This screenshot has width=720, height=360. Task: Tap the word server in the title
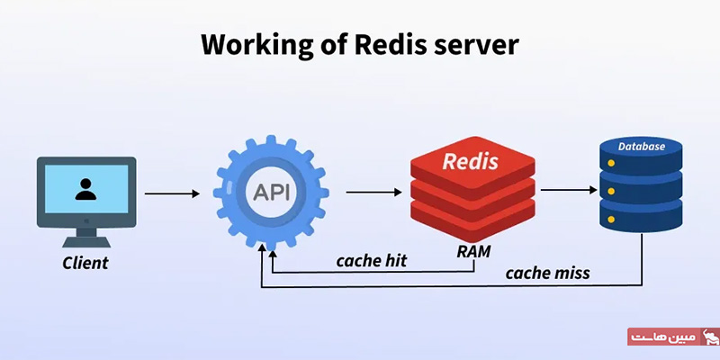coord(477,44)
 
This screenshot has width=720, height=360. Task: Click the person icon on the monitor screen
coord(85,189)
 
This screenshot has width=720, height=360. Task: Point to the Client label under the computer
coord(85,264)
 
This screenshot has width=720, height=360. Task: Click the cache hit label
coord(372,262)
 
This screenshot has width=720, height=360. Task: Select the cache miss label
coord(547,273)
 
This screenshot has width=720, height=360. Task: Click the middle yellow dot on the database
coord(612,191)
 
